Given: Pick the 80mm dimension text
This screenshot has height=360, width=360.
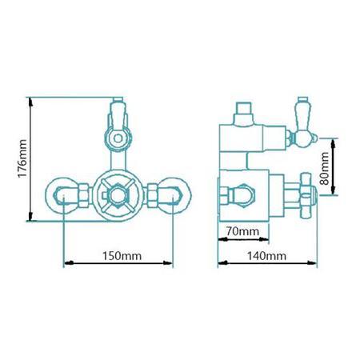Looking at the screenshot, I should point(323,166).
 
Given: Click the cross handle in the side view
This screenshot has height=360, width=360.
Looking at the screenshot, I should point(308,193).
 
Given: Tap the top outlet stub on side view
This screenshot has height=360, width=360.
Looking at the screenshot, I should point(245,112).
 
